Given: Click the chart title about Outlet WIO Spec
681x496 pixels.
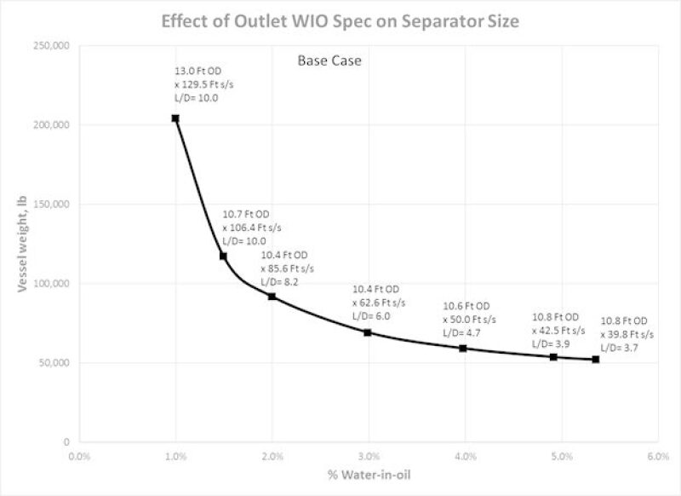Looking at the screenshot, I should coord(340,21).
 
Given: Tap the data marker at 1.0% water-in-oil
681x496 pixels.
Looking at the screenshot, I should coord(175,118).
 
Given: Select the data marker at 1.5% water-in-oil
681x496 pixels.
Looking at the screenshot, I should coord(223,256).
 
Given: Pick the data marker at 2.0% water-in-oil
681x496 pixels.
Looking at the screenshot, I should coord(272,296).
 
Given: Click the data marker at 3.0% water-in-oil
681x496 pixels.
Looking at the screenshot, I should coord(368,332).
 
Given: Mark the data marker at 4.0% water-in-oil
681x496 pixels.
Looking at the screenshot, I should coord(463,348).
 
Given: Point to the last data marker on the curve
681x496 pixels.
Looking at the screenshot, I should coord(596,359).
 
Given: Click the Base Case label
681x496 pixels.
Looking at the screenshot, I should coord(329,61).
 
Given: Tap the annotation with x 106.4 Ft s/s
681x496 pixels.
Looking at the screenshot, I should coord(252,228).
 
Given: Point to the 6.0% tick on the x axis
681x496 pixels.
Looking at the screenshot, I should coord(656,455).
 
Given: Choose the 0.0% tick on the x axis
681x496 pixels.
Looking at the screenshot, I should coord(79,455).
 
